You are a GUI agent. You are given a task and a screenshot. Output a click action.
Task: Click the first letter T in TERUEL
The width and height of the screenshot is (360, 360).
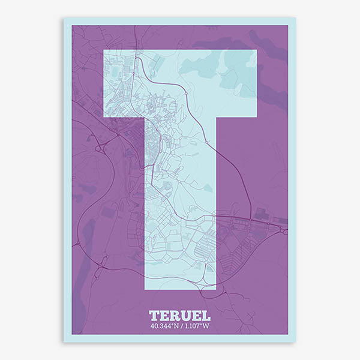pyautogui.click(x=154, y=316)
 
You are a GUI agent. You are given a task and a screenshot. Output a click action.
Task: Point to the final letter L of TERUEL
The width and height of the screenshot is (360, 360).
pyautogui.click(x=205, y=316)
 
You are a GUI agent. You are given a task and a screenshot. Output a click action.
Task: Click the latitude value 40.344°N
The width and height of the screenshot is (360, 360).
pyautogui.click(x=164, y=326)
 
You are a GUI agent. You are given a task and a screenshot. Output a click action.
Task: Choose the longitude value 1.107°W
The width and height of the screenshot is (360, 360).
pyautogui.click(x=196, y=326)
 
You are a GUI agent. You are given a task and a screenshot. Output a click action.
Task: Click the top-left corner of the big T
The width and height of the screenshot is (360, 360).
pyautogui.click(x=104, y=50)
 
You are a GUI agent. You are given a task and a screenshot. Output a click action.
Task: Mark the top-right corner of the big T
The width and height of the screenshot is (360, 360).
pyautogui.click(x=256, y=50)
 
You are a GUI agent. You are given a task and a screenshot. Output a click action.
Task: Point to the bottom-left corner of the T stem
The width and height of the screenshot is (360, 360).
pyautogui.click(x=145, y=290)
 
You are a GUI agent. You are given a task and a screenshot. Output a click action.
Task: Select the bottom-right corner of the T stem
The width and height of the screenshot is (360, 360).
pyautogui.click(x=215, y=290)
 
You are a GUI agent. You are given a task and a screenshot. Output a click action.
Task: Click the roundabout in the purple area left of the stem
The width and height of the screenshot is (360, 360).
pyautogui.click(x=98, y=146)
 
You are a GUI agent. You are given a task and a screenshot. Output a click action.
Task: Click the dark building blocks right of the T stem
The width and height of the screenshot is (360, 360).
pyautogui.click(x=261, y=214)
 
